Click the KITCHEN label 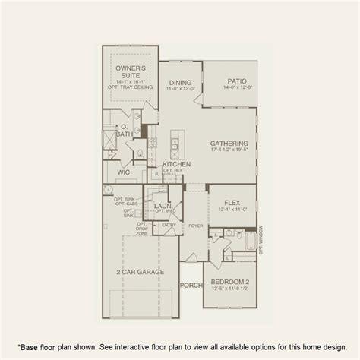[x=175, y=163]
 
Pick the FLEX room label [x=232, y=202]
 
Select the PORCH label [x=189, y=286]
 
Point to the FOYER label [x=196, y=225]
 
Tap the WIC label [x=122, y=172]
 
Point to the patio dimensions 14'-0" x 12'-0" [x=236, y=89]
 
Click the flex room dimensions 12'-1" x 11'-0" [x=232, y=210]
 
